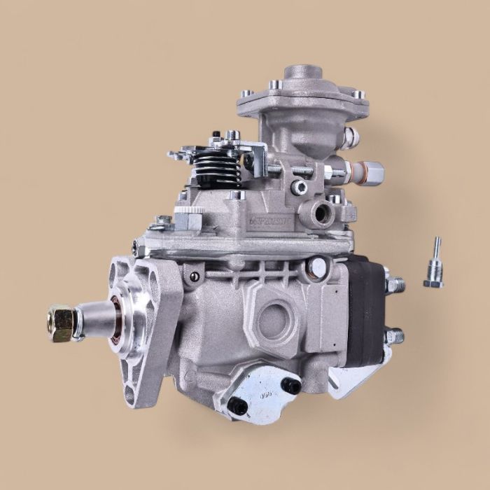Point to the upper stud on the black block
pyautogui.click(x=395, y=284)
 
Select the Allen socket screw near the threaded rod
pyautogui.click(x=301, y=187)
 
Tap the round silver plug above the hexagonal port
pyautogui.click(x=319, y=265)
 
